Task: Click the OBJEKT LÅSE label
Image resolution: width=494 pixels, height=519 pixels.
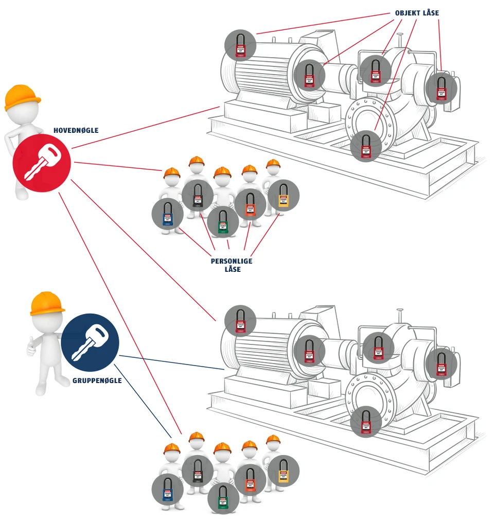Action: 417,13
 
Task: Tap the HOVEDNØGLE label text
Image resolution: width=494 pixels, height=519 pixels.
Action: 76,131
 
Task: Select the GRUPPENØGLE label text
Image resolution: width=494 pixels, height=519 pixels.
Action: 97,380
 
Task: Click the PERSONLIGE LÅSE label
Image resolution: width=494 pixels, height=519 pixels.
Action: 232,265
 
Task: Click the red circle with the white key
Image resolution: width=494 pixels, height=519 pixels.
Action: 42,163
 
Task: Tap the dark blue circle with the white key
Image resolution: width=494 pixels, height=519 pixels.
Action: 90,342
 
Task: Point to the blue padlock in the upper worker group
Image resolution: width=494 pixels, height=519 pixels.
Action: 167,214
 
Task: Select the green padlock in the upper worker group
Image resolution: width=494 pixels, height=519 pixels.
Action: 223,222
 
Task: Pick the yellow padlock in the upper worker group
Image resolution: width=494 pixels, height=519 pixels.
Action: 283,196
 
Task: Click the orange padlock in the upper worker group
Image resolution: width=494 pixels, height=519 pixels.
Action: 250,204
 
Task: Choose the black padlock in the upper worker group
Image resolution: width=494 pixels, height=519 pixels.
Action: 197,196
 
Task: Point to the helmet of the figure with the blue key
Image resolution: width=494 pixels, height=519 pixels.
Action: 47,303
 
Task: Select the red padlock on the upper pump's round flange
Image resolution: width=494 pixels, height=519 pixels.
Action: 366,146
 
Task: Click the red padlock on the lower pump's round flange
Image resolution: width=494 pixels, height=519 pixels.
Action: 366,422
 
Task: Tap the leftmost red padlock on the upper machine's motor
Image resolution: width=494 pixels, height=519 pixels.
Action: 240,45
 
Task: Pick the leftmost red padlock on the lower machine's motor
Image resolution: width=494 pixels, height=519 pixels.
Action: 240,321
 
